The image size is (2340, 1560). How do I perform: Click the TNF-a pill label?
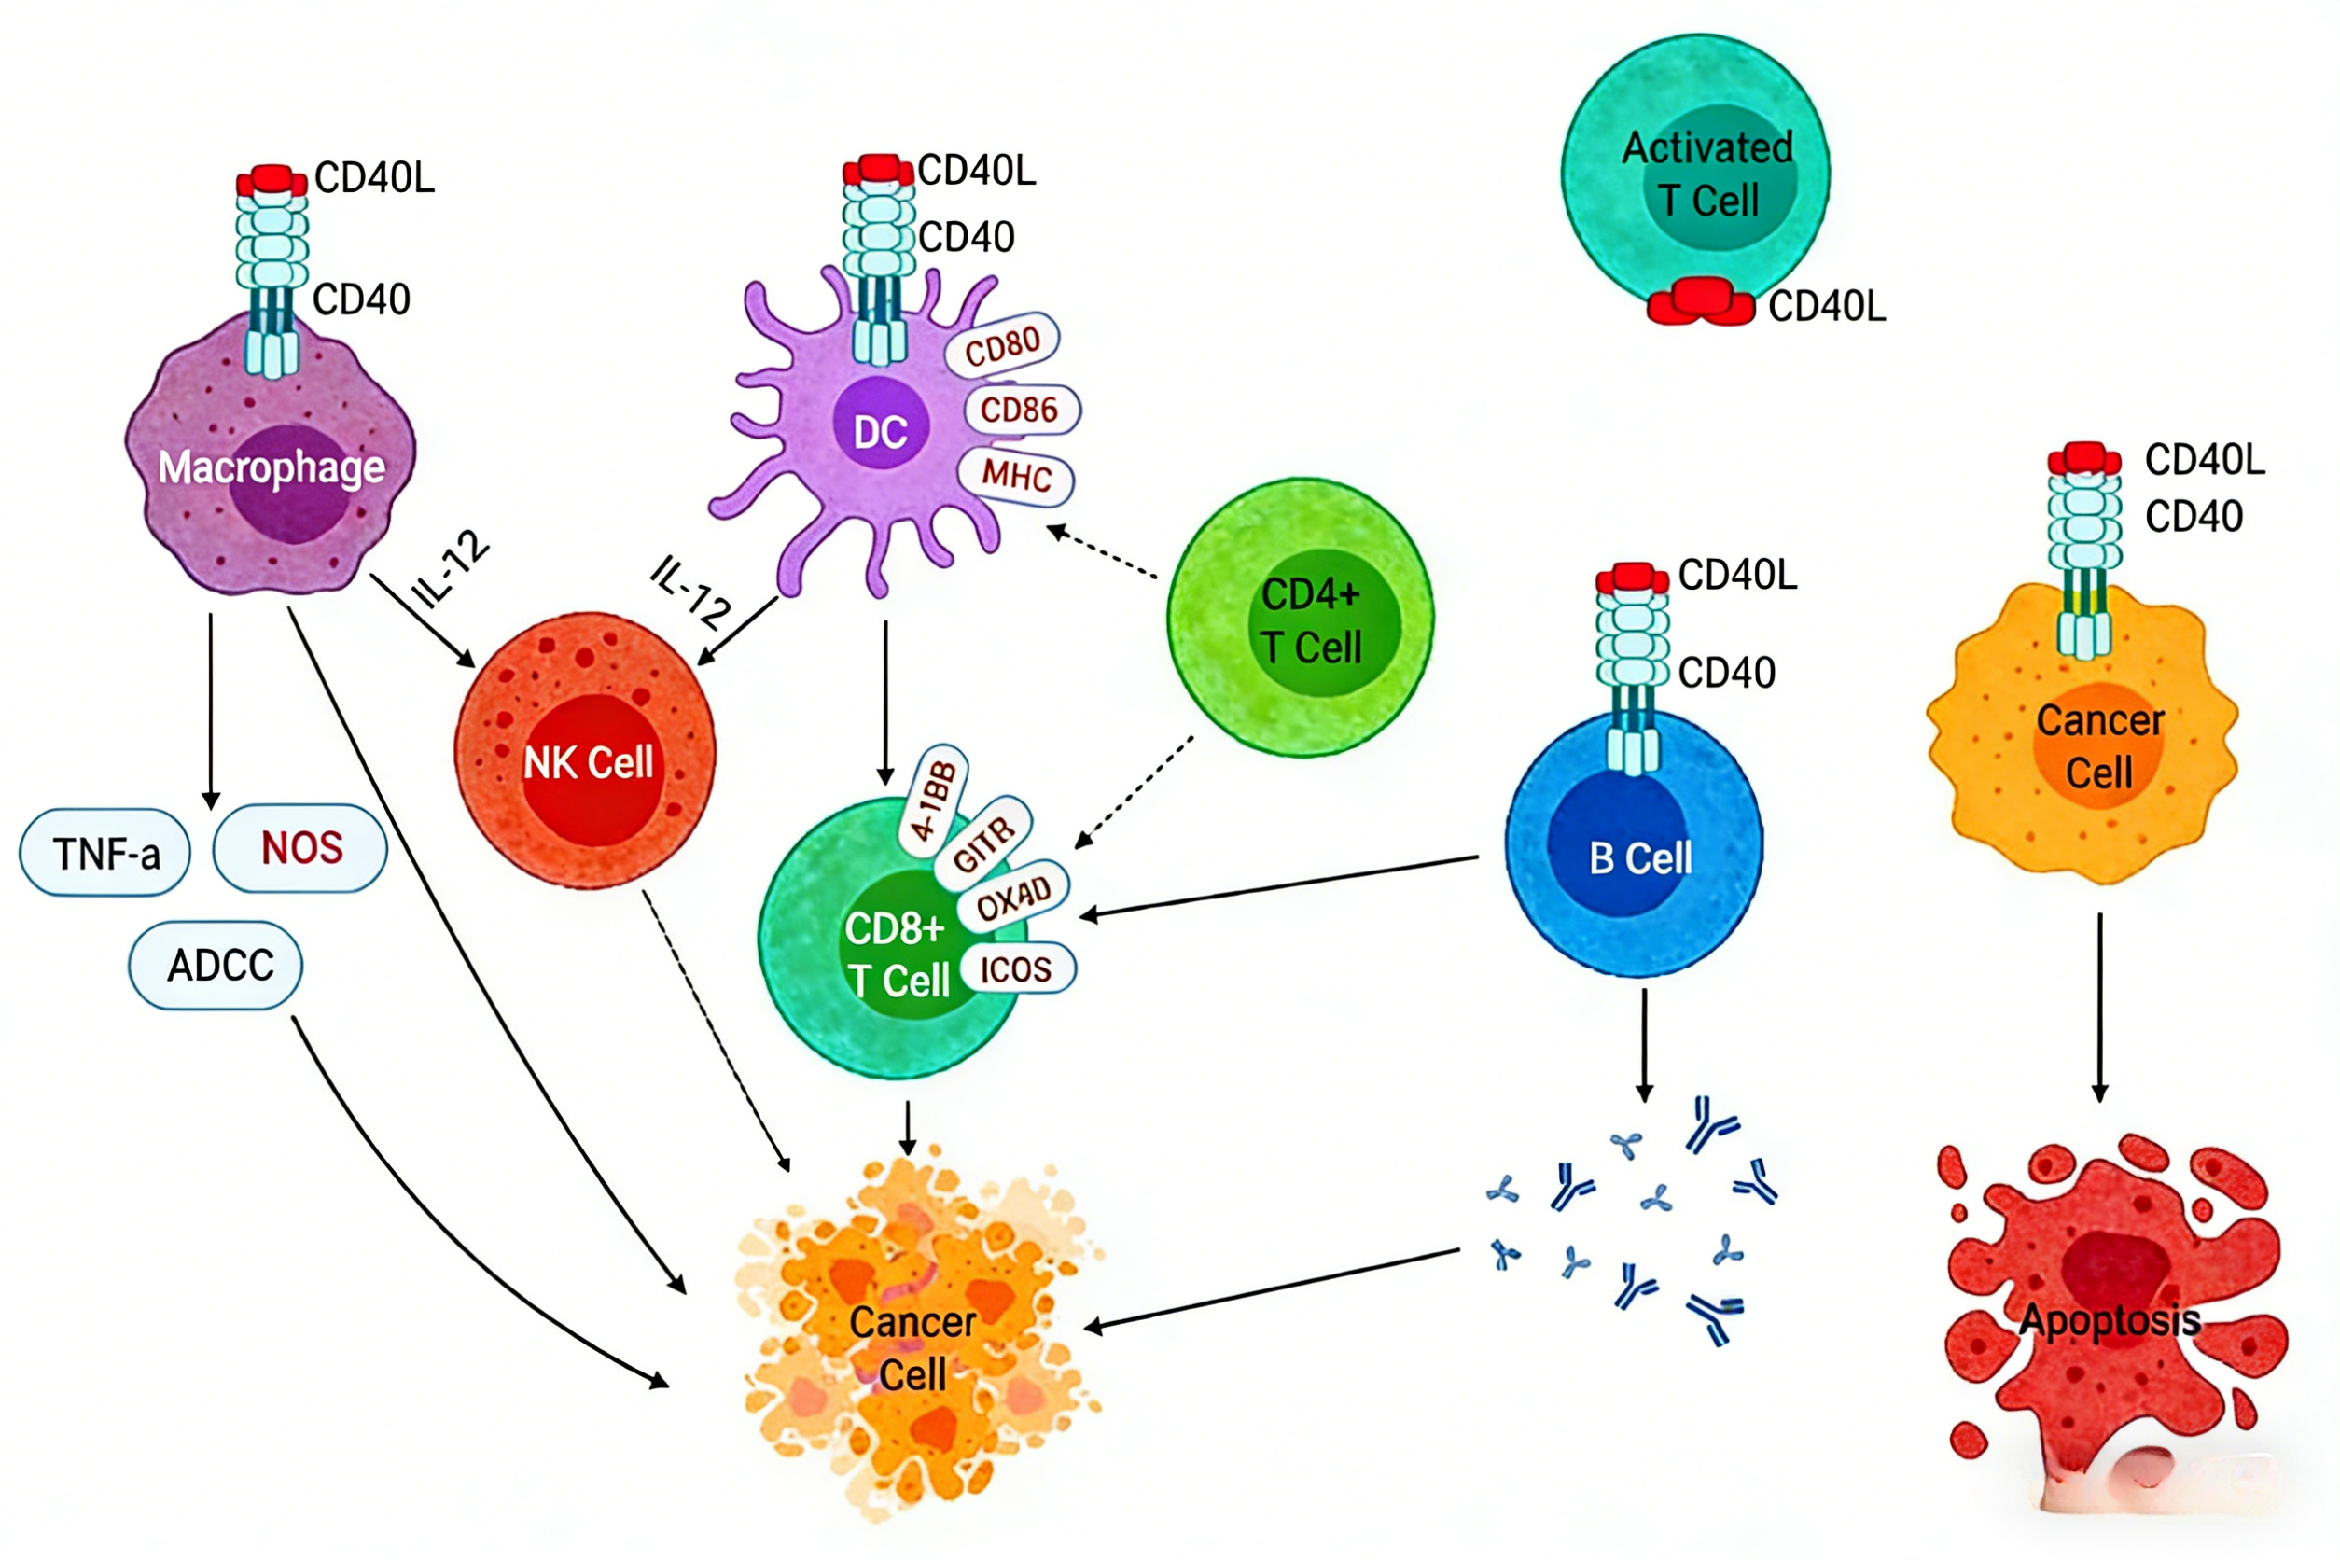(x=105, y=853)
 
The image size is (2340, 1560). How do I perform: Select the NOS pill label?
(x=300, y=848)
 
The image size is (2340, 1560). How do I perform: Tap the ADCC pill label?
(x=216, y=965)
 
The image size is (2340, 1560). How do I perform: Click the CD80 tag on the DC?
(x=1002, y=345)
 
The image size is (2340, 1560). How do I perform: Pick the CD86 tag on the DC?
(x=1020, y=409)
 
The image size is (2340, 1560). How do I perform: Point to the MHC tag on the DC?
(x=1016, y=477)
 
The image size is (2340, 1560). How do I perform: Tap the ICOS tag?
(x=1016, y=968)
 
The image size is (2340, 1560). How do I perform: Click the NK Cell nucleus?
(x=593, y=769)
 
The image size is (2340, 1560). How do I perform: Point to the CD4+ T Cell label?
(x=1311, y=620)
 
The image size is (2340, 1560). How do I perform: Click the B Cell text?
(x=1640, y=857)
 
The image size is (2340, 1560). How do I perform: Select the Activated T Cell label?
(x=1708, y=174)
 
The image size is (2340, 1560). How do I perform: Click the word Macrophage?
(x=272, y=467)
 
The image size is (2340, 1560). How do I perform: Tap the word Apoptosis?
(x=2110, y=1320)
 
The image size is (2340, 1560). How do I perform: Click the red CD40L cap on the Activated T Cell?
(x=1700, y=301)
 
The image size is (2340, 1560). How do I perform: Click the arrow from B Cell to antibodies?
(x=1644, y=1045)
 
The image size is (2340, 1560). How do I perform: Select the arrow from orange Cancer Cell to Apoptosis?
(x=2099, y=1007)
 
